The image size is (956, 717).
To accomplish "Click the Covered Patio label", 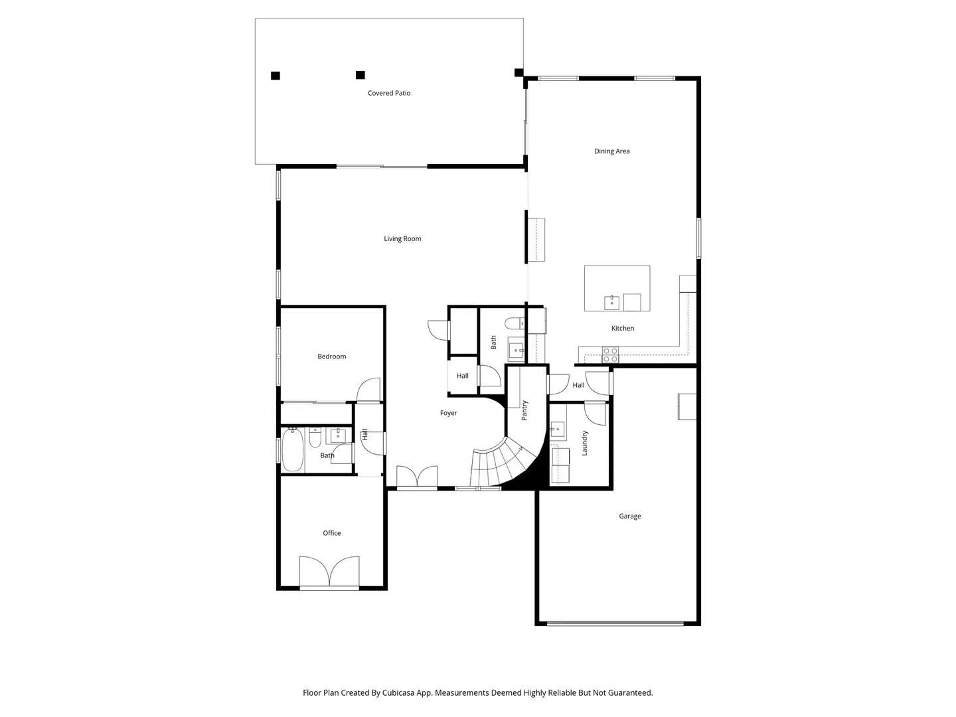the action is pyautogui.click(x=388, y=93).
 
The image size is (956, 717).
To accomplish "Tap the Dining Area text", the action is pyautogui.click(x=611, y=151).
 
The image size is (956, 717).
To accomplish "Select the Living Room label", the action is pyautogui.click(x=402, y=238).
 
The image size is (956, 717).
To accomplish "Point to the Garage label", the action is pyautogui.click(x=629, y=516).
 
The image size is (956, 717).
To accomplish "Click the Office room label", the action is pyautogui.click(x=331, y=533).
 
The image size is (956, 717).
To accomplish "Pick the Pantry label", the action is pyautogui.click(x=524, y=410).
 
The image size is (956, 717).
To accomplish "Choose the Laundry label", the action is pyautogui.click(x=584, y=443).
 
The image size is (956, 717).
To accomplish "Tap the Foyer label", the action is pyautogui.click(x=448, y=413).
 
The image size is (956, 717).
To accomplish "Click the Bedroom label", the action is pyautogui.click(x=331, y=356).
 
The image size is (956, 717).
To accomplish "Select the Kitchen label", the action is pyautogui.click(x=622, y=328).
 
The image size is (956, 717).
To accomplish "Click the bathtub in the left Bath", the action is pyautogui.click(x=292, y=449).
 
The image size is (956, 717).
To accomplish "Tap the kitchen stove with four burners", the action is pyautogui.click(x=610, y=355).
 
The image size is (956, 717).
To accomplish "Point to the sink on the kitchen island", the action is pyautogui.click(x=611, y=302).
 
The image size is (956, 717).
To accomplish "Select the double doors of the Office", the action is pyautogui.click(x=329, y=571).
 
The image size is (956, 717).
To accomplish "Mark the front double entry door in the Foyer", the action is pyautogui.click(x=417, y=476).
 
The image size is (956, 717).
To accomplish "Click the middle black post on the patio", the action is pyautogui.click(x=360, y=75).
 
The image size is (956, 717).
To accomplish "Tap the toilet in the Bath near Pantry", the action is pyautogui.click(x=515, y=323).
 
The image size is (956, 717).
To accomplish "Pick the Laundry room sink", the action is pyautogui.click(x=558, y=429).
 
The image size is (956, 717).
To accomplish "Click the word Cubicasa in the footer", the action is pyautogui.click(x=398, y=692).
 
